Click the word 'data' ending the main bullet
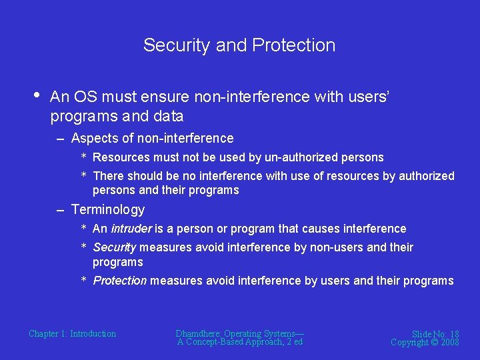(x=169, y=116)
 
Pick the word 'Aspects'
(x=93, y=139)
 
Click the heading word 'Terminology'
(x=107, y=209)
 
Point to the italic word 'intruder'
(x=131, y=229)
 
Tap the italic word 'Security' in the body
(x=115, y=247)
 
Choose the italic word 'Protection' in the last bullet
(x=119, y=281)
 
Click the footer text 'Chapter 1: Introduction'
(x=72, y=333)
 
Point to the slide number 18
(x=453, y=334)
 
